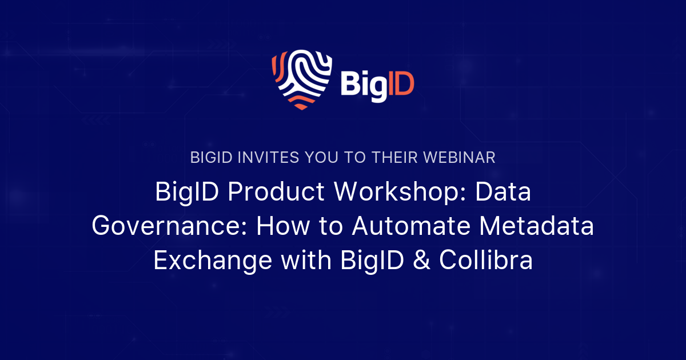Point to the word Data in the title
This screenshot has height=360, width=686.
(505, 193)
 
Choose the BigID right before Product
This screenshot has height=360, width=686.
(186, 193)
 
